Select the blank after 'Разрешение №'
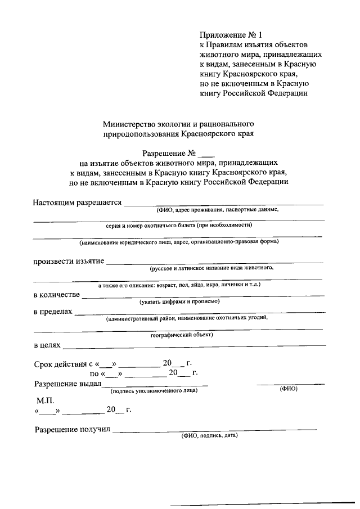(x=207, y=153)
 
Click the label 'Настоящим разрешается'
(x=77, y=202)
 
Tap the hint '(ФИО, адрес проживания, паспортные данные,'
(x=217, y=210)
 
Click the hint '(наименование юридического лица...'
(x=179, y=242)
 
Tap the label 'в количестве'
(x=56, y=294)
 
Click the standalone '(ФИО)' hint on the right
(x=288, y=389)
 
